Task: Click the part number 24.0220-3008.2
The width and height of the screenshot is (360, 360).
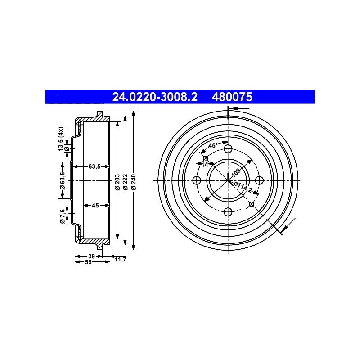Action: pyautogui.click(x=154, y=97)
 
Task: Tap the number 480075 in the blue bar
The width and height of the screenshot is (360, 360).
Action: pyautogui.click(x=232, y=97)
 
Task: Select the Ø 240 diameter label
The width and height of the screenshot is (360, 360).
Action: pyautogui.click(x=134, y=182)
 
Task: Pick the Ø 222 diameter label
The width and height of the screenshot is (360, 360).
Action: pyautogui.click(x=126, y=182)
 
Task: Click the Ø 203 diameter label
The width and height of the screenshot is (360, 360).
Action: pyautogui.click(x=117, y=182)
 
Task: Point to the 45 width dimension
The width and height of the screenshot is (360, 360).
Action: pyautogui.click(x=95, y=205)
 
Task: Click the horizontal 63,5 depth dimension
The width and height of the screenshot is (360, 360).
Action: pyautogui.click(x=94, y=166)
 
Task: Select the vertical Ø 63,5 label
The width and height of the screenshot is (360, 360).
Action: pyautogui.click(x=63, y=181)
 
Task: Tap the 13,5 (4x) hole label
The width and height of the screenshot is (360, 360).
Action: pyautogui.click(x=60, y=139)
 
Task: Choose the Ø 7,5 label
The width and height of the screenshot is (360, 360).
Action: pyautogui.click(x=62, y=216)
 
